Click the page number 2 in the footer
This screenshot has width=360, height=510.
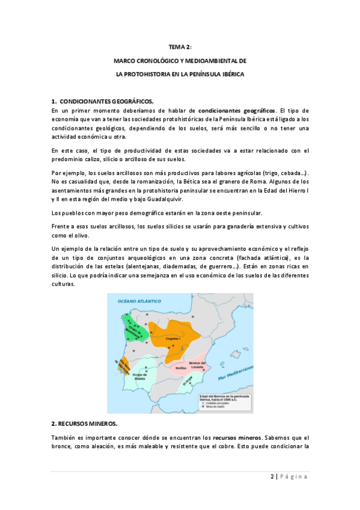click(272, 477)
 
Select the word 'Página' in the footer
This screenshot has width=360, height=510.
click(294, 477)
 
